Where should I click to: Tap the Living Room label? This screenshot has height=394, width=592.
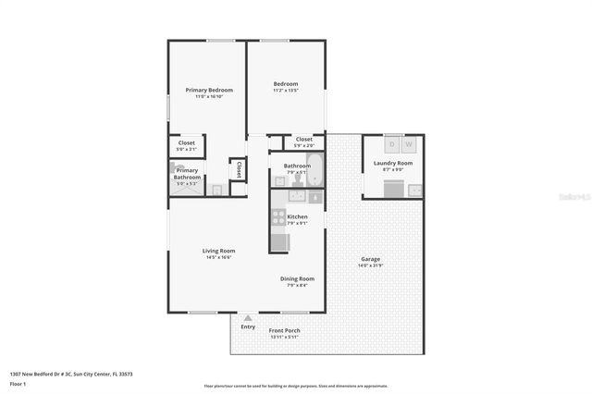(x=219, y=251)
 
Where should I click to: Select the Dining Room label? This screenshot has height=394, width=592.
(x=298, y=278)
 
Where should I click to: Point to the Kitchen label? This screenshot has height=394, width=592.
(x=297, y=216)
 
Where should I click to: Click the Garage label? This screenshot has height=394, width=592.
(x=370, y=259)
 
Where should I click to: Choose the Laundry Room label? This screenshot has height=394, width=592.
(x=393, y=163)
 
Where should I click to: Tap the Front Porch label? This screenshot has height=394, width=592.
(x=284, y=330)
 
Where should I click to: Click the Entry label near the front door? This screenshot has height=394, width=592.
(x=248, y=326)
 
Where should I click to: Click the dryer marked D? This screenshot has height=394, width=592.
(x=392, y=144)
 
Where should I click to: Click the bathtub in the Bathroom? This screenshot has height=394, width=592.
(x=315, y=170)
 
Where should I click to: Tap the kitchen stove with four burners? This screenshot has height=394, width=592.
(x=277, y=218)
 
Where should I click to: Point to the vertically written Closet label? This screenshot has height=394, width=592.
(x=239, y=169)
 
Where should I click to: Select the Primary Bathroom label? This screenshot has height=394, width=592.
(x=188, y=173)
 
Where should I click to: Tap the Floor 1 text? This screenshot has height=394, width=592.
(x=18, y=384)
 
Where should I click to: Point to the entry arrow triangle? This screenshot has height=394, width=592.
(x=248, y=318)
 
